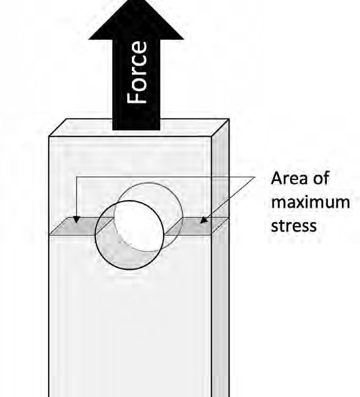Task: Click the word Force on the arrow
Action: [137, 72]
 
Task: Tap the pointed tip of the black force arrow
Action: [137, 1]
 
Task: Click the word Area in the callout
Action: [286, 178]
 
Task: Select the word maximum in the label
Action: [310, 202]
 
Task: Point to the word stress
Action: [294, 225]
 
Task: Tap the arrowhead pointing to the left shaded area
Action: [76, 220]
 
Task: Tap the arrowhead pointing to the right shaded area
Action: [203, 220]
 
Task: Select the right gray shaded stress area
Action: [195, 226]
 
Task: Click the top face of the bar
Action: [139, 128]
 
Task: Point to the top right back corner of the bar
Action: [229, 119]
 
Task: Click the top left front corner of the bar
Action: [49, 136]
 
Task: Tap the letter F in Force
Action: [137, 98]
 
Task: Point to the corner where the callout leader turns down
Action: [77, 177]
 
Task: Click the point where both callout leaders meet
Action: [254, 177]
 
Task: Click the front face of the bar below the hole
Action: [130, 329]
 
